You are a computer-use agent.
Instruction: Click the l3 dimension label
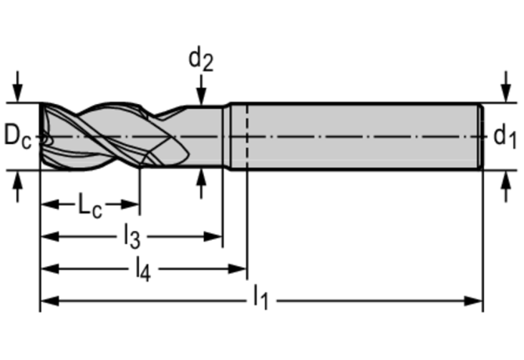click(131, 235)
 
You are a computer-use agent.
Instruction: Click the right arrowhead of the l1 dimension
click(473, 299)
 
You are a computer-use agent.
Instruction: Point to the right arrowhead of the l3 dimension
click(214, 236)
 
